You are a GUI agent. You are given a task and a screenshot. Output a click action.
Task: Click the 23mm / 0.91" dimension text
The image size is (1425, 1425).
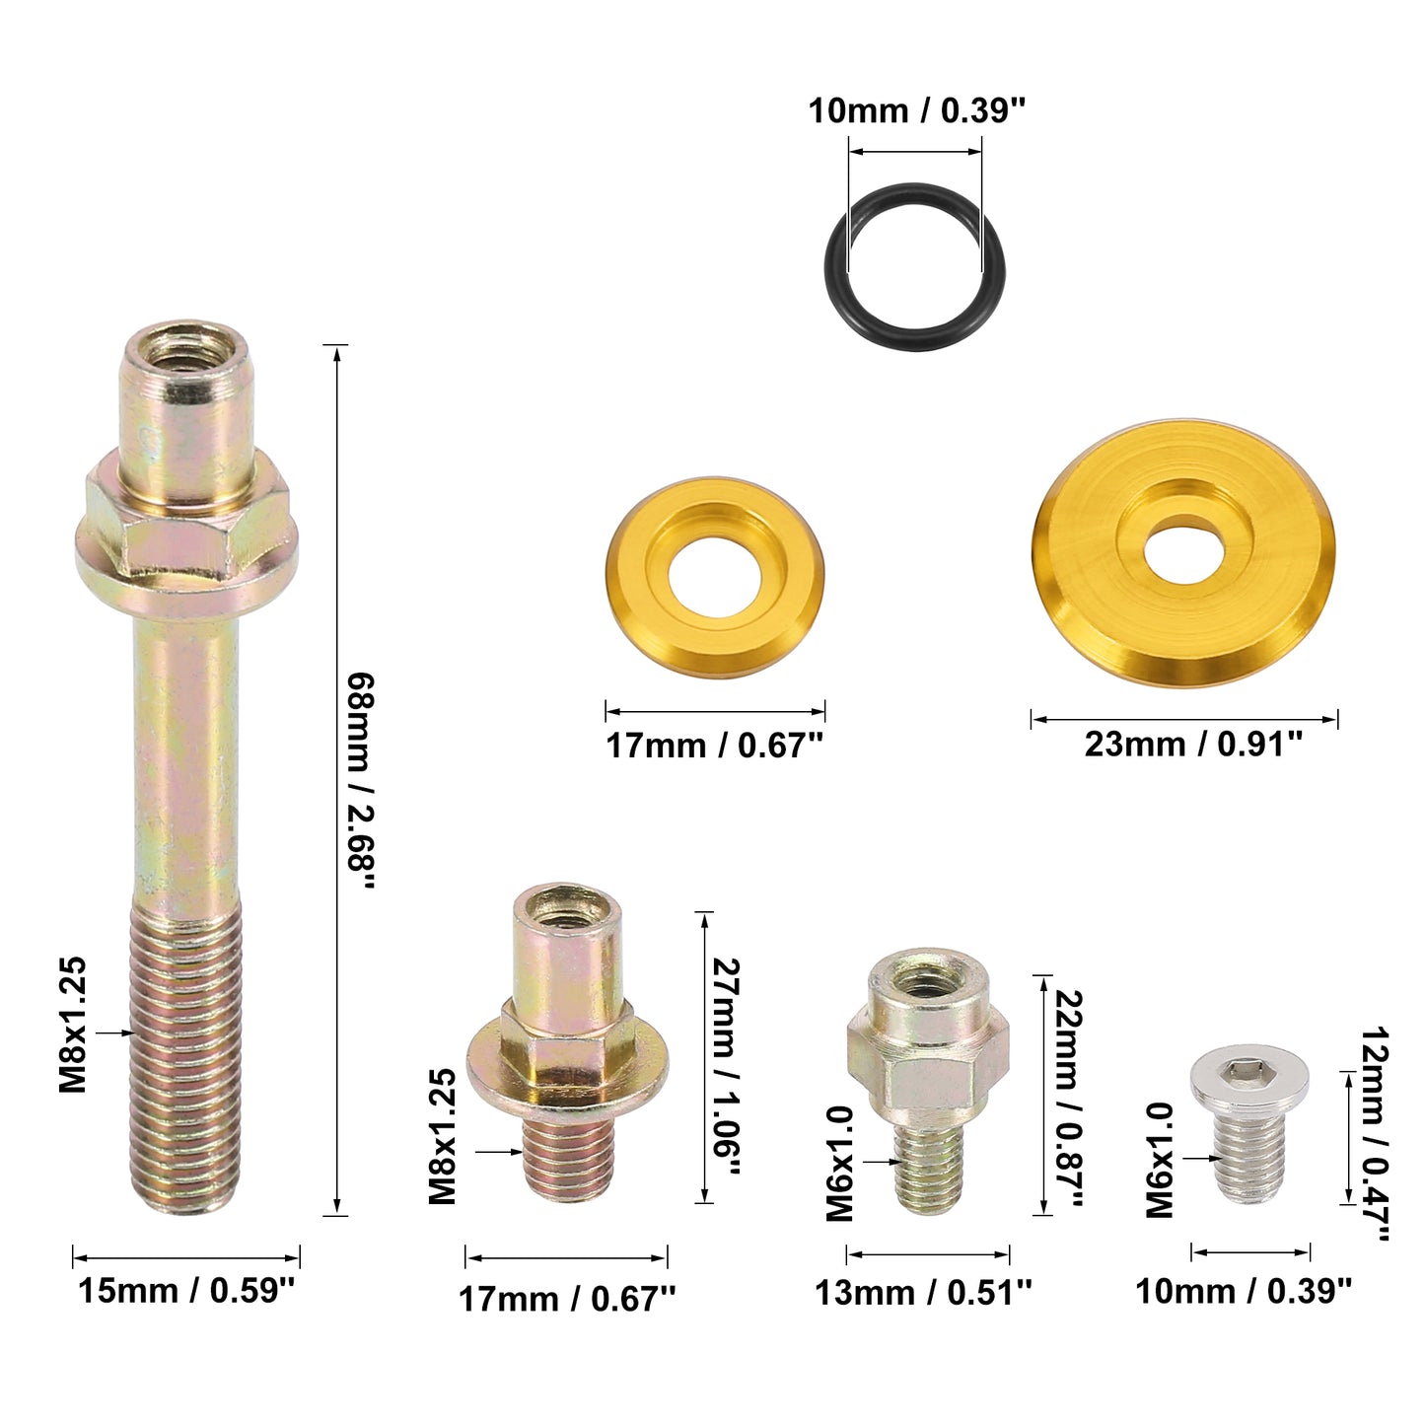tap(1193, 745)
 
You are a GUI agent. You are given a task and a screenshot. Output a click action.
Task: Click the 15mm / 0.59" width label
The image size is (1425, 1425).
tap(186, 1291)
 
